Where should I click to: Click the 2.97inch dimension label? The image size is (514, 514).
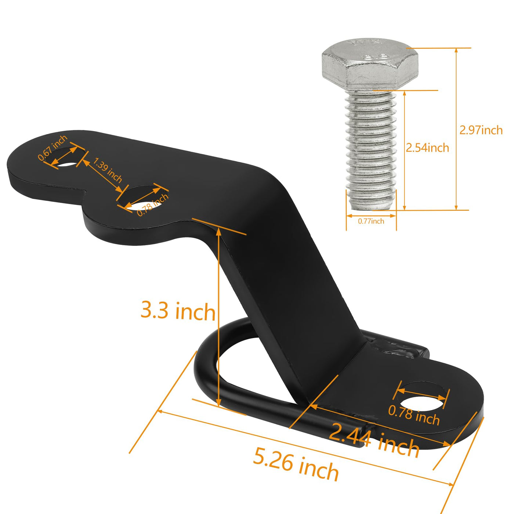click(x=481, y=130)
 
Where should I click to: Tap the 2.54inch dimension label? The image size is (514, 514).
click(x=427, y=148)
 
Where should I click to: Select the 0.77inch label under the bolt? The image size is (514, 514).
click(x=371, y=221)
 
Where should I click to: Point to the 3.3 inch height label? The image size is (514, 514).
click(x=178, y=310)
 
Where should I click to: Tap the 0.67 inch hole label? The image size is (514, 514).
click(x=53, y=148)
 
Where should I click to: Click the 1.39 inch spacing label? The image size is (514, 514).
click(x=107, y=170)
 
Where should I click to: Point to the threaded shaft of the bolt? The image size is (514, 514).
click(x=371, y=150)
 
